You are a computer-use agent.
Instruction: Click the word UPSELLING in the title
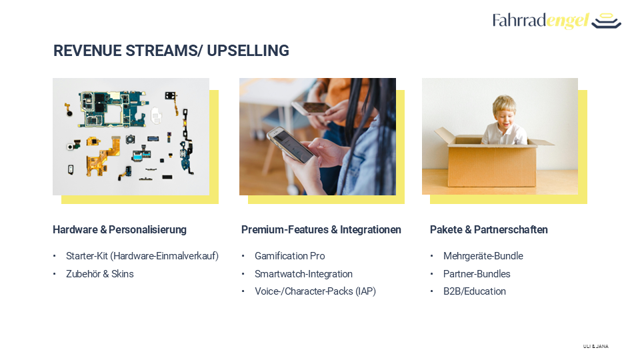coord(248,51)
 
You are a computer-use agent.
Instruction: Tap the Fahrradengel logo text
coord(541,21)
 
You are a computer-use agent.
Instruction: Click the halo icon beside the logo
coord(606,21)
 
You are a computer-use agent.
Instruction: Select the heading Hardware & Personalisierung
coord(119,230)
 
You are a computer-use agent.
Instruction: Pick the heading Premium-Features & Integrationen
coord(321,230)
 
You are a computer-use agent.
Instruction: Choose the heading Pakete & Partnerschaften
coord(489,230)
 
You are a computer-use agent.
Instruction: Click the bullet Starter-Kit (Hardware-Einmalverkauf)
coord(143,256)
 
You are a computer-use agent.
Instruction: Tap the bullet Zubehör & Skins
coord(100,274)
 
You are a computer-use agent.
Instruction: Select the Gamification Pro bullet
coord(290,256)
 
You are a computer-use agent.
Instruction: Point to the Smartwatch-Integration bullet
coord(304,274)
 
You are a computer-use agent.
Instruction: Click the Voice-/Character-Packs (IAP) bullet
coord(315,291)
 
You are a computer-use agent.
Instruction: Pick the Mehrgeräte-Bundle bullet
coord(483,256)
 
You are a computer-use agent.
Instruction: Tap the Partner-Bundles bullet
coord(477,274)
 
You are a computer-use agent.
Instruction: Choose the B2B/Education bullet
coord(475,291)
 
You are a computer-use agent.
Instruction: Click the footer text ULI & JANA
coord(596,346)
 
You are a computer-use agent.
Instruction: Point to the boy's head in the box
coord(504,109)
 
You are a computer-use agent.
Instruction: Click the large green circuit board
coord(112,109)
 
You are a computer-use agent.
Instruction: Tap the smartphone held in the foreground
coord(290,144)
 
